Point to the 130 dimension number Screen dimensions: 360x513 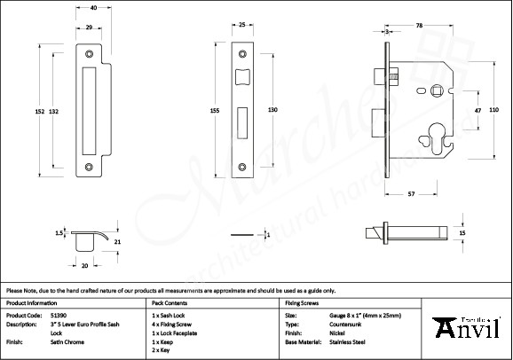[272, 109]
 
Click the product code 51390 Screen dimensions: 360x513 [58, 315]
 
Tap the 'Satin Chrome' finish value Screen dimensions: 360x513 [67, 340]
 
